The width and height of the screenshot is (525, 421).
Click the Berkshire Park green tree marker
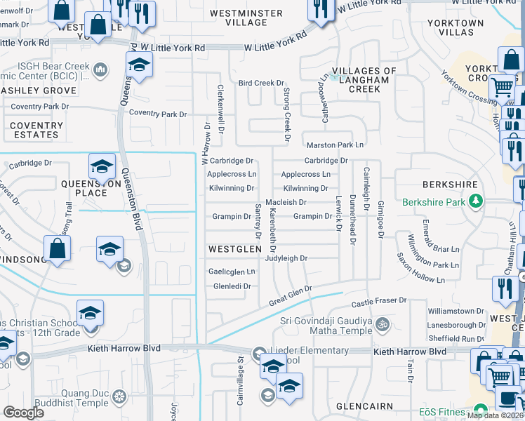[476, 202]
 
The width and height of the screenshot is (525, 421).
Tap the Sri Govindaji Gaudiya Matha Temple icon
[383, 325]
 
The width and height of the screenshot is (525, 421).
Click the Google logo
[24, 413]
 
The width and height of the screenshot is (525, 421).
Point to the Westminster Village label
[245, 18]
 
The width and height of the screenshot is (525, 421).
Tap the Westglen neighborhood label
[234, 248]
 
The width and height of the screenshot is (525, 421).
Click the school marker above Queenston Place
[102, 167]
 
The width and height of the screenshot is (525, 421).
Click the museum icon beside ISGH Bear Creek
[100, 69]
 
